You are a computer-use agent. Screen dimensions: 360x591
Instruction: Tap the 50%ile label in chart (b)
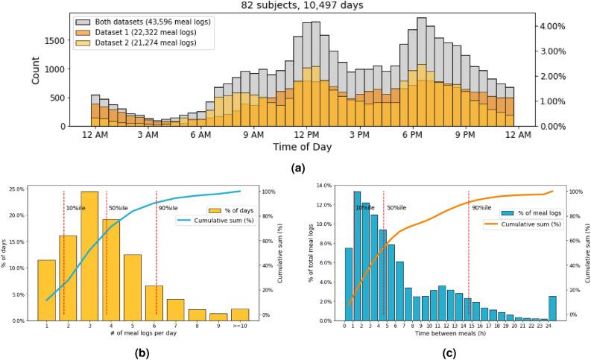[118, 208]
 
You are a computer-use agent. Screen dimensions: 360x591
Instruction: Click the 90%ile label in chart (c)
[481, 208]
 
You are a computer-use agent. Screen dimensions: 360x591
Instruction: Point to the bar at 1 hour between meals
[357, 256]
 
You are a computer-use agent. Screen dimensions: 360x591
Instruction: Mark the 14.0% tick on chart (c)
[326, 185]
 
